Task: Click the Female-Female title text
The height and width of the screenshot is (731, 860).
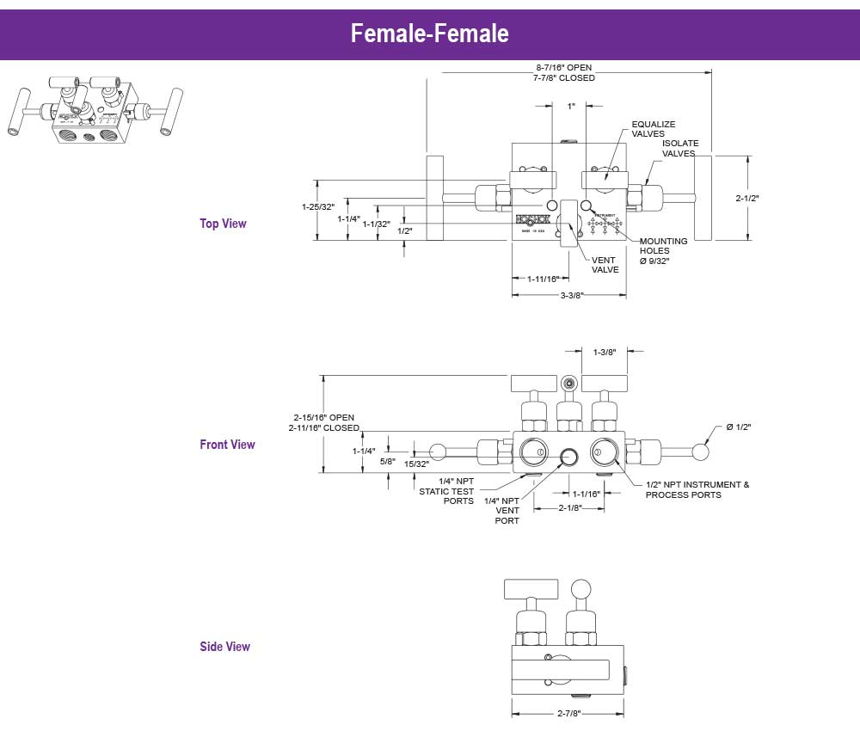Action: [x=429, y=34]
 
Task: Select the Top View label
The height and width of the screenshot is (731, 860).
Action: [x=223, y=224]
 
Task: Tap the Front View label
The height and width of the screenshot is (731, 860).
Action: [x=227, y=445]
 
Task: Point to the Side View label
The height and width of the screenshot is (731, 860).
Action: [x=224, y=647]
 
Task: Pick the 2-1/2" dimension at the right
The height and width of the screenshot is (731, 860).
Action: [x=747, y=199]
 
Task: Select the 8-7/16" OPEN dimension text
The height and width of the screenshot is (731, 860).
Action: [x=563, y=67]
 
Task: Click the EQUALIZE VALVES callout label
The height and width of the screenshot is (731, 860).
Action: [x=654, y=129]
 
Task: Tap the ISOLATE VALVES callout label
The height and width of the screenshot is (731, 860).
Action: [x=680, y=148]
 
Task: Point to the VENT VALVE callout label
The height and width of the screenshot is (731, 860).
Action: [x=605, y=265]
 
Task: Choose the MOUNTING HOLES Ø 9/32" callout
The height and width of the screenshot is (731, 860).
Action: [x=663, y=251]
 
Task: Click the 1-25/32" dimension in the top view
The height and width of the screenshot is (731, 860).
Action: [x=317, y=207]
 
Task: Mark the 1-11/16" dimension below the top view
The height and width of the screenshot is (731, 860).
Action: [x=542, y=279]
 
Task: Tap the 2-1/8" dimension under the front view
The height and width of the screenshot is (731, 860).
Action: [x=570, y=508]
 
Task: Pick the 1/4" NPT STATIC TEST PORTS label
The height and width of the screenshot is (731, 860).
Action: [x=446, y=491]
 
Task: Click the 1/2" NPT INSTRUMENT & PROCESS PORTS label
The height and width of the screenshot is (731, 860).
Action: [x=697, y=489]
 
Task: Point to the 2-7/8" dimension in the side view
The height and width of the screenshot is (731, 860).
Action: [x=568, y=713]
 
